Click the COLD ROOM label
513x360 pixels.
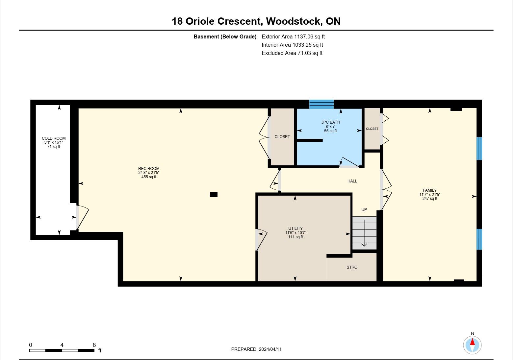[x=54, y=138]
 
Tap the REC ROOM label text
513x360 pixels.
[x=149, y=168]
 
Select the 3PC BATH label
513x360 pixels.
[x=330, y=122]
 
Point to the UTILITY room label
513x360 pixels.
[x=295, y=228]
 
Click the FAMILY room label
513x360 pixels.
[x=430, y=190]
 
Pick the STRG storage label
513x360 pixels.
[x=352, y=267]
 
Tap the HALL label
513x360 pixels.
[x=352, y=181]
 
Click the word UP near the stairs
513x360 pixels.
[x=364, y=210]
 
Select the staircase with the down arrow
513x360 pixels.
[x=364, y=233]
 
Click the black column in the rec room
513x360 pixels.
[x=214, y=194]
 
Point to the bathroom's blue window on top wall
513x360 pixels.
[x=321, y=104]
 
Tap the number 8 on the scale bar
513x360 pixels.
[x=94, y=345]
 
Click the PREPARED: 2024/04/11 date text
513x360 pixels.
[x=256, y=349]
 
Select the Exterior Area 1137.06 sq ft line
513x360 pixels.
[x=293, y=36]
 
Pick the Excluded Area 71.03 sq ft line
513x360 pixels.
[x=292, y=53]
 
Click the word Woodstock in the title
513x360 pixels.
[x=293, y=21]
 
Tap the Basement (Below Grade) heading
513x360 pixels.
[x=225, y=36]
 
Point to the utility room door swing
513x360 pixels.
[x=262, y=240]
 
